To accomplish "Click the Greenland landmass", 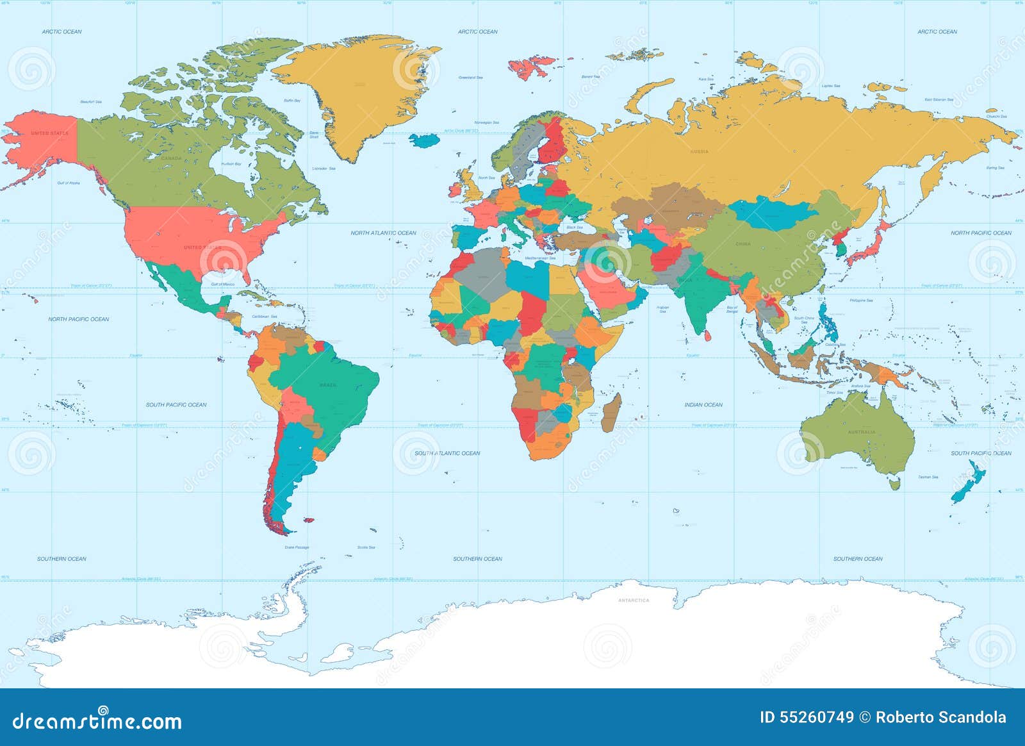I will click(359, 96).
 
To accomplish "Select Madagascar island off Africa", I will click(611, 413).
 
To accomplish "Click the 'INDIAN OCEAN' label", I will click(703, 405).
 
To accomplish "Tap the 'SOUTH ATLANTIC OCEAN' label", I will click(447, 453).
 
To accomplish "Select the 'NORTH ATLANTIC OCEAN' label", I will click(383, 233).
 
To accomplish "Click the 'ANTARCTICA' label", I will click(633, 601).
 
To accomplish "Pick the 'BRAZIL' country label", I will click(327, 385).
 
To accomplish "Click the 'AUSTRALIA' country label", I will click(861, 432).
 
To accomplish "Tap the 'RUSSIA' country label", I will click(699, 152).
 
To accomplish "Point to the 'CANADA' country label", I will click(171, 158).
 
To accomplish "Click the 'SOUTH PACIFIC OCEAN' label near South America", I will click(176, 405).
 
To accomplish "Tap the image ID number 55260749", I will click(807, 718).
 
